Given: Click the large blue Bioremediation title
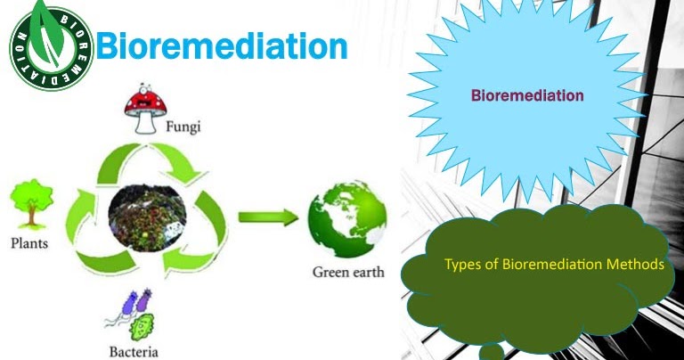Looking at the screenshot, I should click(x=221, y=46).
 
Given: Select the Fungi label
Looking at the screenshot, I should click(x=183, y=127).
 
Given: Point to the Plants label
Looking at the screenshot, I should click(x=28, y=242).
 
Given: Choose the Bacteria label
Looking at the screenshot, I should click(x=134, y=350).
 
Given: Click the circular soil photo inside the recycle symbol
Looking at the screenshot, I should click(x=147, y=218).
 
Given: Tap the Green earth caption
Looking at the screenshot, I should click(x=348, y=271).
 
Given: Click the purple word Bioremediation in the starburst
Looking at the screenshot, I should click(x=527, y=95).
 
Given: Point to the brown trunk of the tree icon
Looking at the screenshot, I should click(x=29, y=219).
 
